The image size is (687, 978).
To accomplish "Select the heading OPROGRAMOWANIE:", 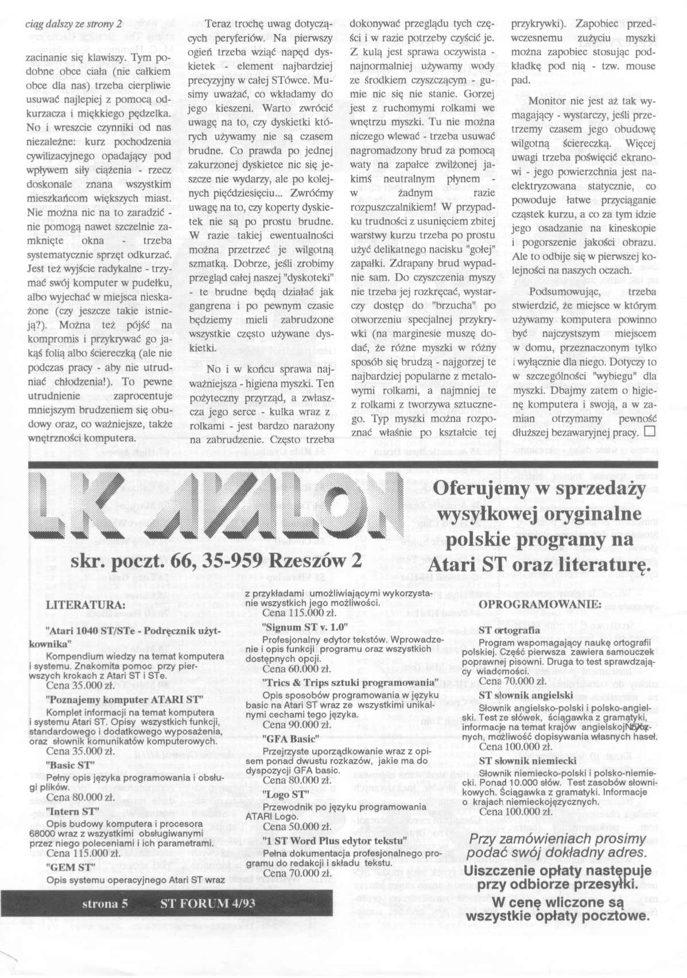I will [x=539, y=604].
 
